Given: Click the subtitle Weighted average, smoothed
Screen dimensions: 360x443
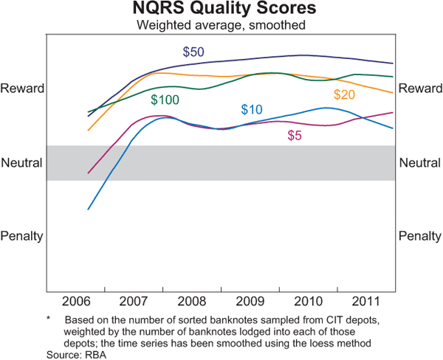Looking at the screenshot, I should [221, 25].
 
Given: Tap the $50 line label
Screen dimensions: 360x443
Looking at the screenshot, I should [193, 52].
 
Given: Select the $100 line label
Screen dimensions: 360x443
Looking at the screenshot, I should [165, 100].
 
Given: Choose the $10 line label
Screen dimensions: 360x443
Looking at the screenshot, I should [252, 110].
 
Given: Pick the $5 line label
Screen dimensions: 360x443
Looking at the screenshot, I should [295, 136].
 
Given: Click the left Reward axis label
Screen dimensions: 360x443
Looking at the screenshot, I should [23, 89].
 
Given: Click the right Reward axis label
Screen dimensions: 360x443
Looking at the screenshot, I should [419, 89].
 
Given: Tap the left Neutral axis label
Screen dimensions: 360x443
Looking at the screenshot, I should [22, 162].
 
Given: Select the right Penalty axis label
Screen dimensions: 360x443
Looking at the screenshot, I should [419, 236].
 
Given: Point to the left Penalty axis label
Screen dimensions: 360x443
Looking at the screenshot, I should [23, 236].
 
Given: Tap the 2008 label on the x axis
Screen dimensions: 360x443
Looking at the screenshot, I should [190, 302].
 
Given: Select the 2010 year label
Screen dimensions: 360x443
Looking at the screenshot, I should [306, 302].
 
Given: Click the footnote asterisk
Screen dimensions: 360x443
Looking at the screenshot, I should [48, 319].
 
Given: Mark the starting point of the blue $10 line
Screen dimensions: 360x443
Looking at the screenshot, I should [89, 210].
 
